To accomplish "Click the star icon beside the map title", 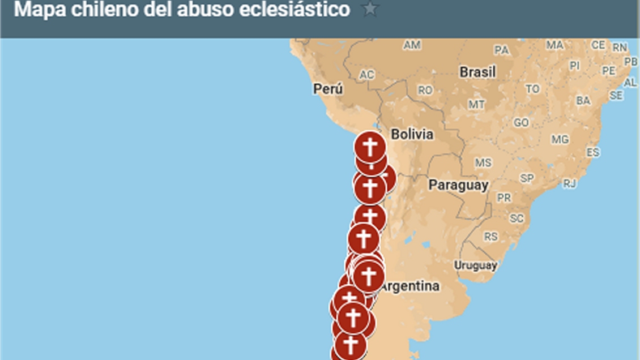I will pos(370,10).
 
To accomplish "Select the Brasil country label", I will pos(477,72).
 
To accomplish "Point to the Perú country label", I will pos(328,89).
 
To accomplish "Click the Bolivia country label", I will pos(412,135).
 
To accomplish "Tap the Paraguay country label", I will pos(458,185).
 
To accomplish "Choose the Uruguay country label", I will pos(475,265).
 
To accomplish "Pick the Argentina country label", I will pos(409,286).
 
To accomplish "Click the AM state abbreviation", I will pos(412,45).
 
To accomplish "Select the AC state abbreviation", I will pos(367,75).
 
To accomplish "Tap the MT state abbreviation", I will pos(476,104).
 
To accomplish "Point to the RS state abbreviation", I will pos(490,237).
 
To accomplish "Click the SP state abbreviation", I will pos(527,178).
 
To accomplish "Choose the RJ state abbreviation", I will pos(570,183).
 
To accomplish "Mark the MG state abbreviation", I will pos(560,139).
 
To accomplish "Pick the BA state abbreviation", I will pos(583,101).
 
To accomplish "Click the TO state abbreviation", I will pos(532,89).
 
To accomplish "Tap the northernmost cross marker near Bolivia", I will pos(370,147).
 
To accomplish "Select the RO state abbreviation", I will pos(425,90).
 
